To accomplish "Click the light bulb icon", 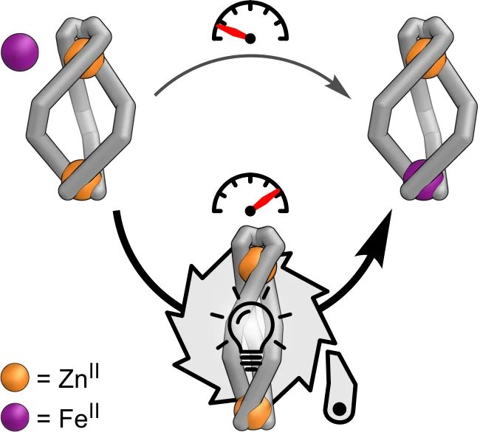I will pyautogui.click(x=252, y=332).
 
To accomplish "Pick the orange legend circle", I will pyautogui.click(x=16, y=379).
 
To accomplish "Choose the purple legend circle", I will pyautogui.click(x=16, y=417).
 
